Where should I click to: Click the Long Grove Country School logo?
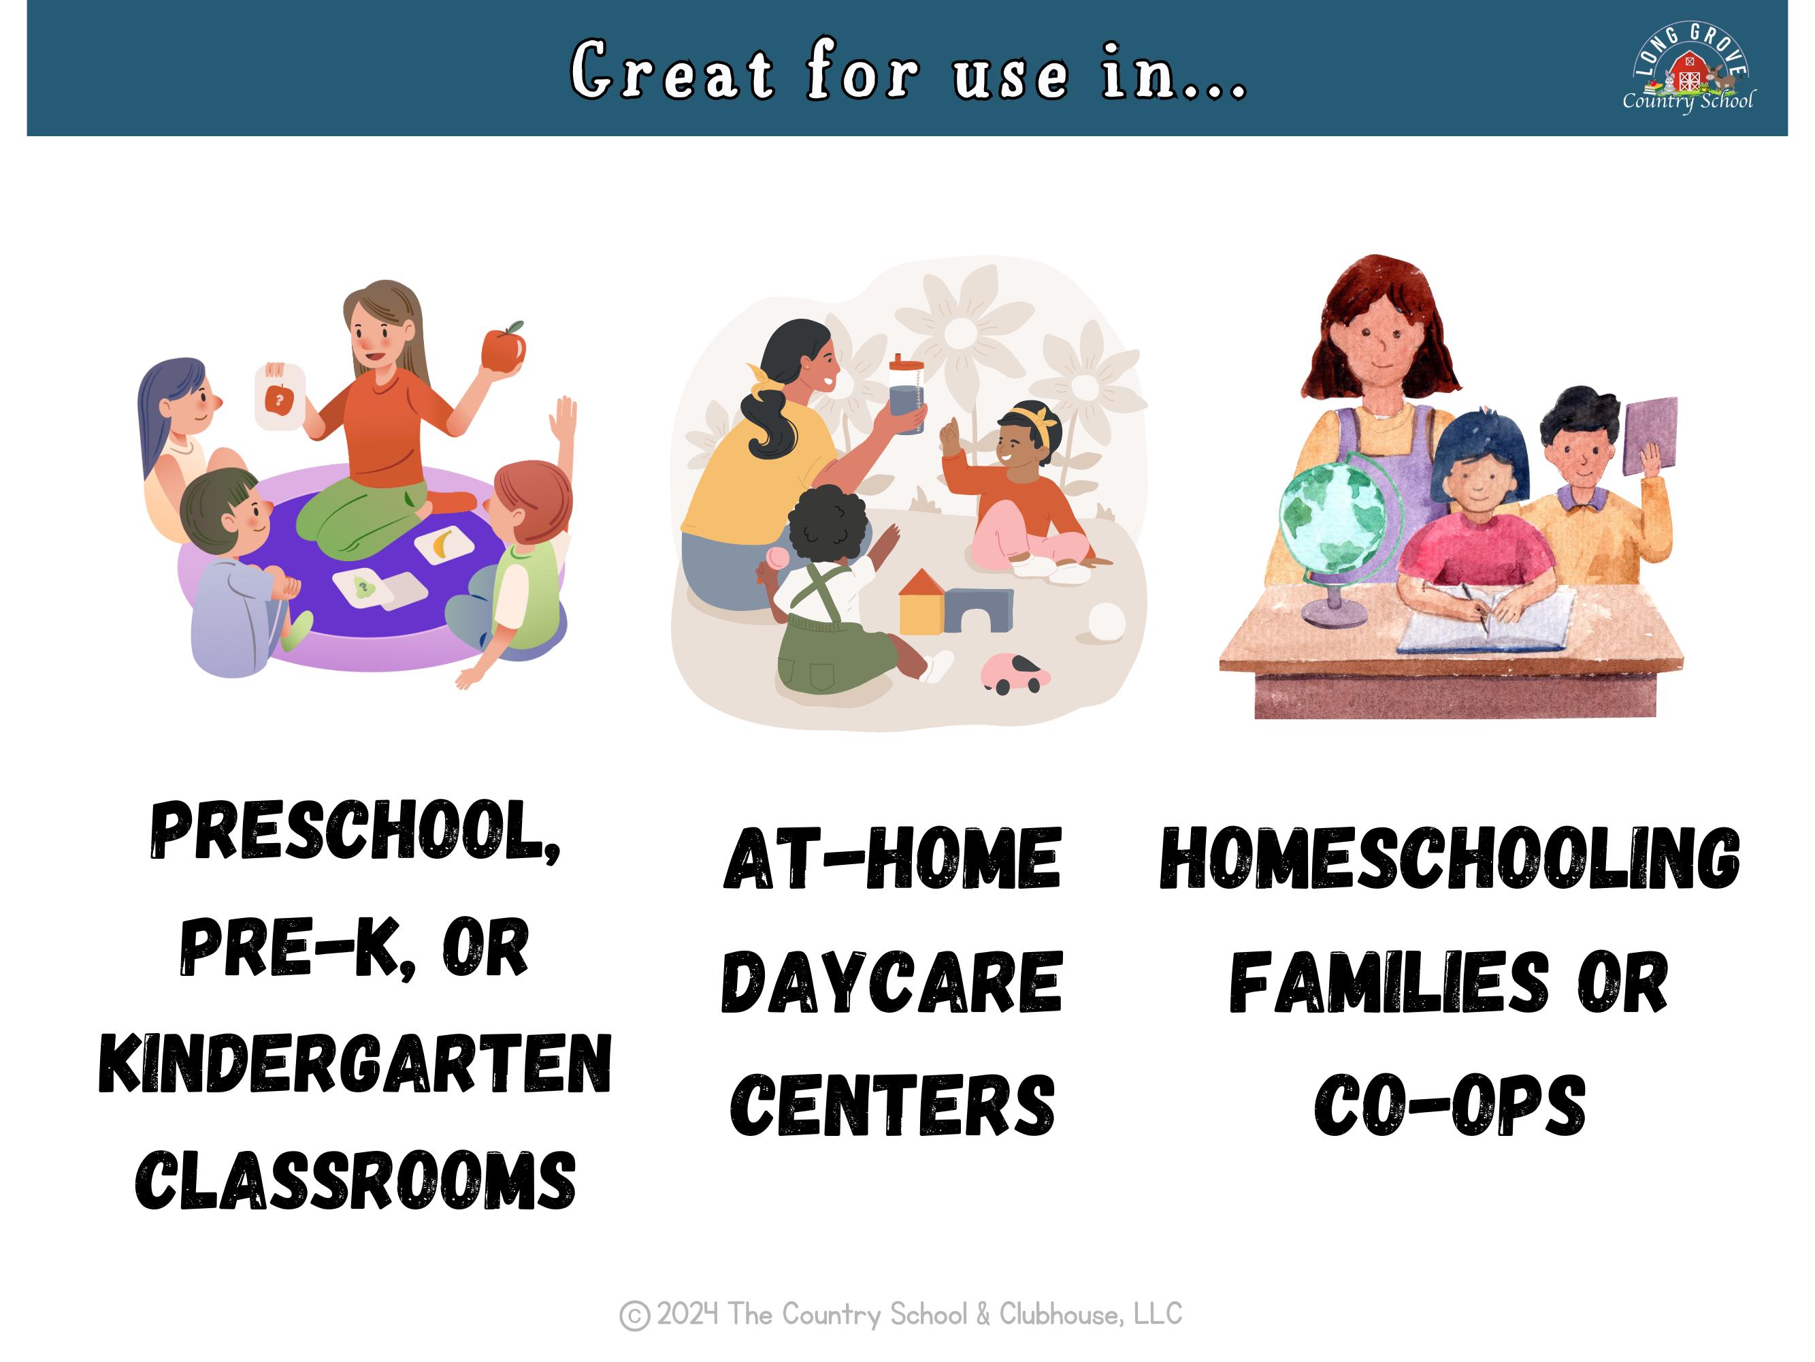point(1688,69)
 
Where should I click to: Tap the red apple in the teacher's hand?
point(503,348)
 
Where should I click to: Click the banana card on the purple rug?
point(443,543)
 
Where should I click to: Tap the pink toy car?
point(1014,674)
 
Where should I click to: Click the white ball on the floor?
point(1106,622)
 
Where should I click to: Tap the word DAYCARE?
point(892,982)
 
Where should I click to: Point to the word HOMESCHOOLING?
point(1449,859)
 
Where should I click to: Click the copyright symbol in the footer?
point(634,1315)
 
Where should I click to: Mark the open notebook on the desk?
point(1485,620)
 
